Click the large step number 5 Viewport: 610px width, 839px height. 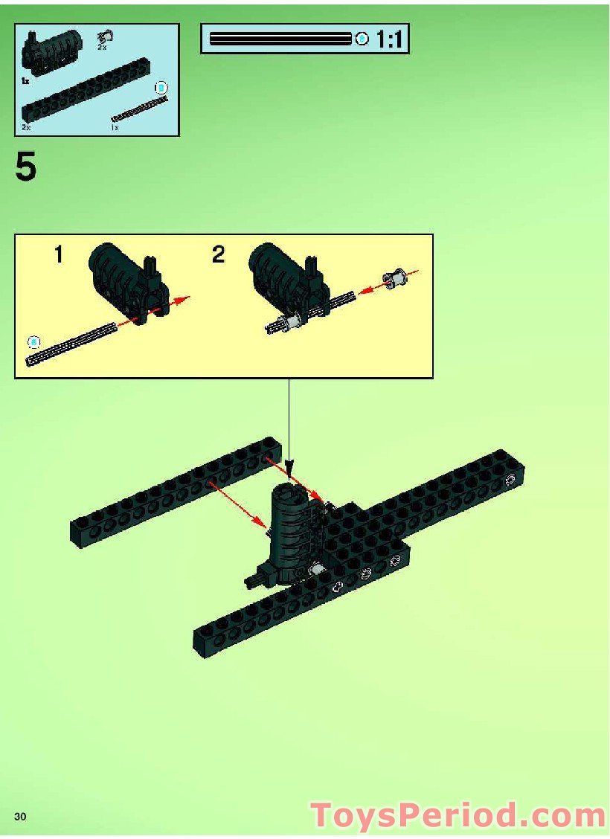pos(25,167)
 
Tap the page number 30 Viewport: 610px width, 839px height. pos(20,817)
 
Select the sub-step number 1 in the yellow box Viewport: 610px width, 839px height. pos(58,256)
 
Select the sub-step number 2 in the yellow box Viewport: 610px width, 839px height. pos(218,256)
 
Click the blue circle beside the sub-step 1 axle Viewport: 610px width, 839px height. pos(33,341)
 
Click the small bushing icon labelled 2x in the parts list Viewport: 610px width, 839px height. pos(105,35)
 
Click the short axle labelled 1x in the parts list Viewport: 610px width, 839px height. pos(139,109)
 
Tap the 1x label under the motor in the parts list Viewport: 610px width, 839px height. pos(25,79)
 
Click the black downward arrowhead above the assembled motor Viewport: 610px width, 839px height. pos(289,471)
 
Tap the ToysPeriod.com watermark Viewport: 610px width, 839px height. pos(457,815)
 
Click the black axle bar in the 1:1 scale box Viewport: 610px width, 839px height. pos(280,39)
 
